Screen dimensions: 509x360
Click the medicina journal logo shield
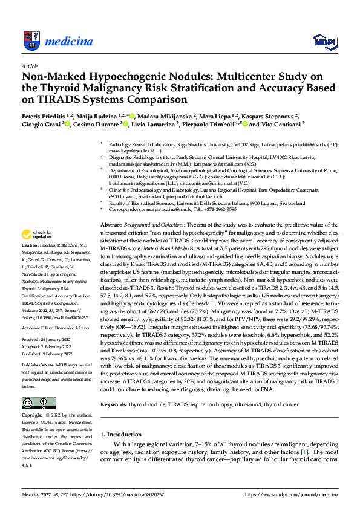click(x=30, y=41)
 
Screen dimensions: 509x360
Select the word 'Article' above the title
click(x=29, y=66)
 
